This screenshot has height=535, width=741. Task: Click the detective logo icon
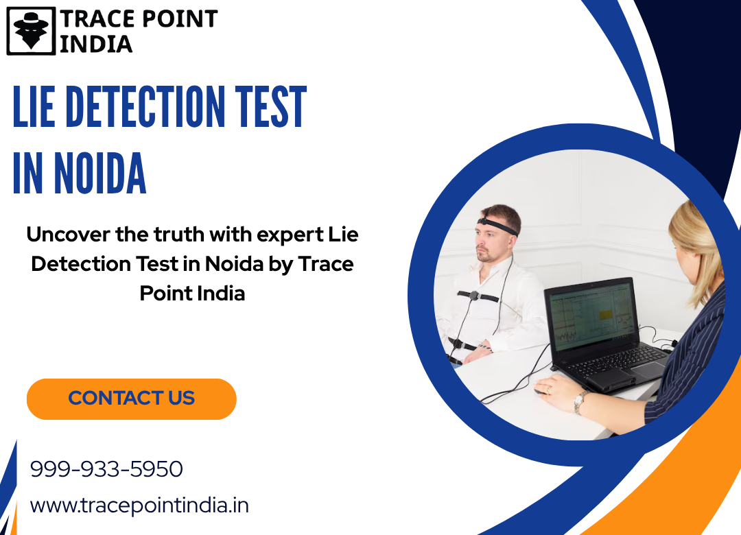(x=31, y=31)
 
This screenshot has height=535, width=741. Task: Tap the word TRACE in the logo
(x=98, y=19)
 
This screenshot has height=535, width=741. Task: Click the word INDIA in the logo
(x=96, y=44)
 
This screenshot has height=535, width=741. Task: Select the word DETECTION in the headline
(x=145, y=107)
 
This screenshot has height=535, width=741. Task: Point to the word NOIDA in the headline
(x=99, y=174)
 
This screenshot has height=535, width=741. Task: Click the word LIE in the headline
(x=34, y=107)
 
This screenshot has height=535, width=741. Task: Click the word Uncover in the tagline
(x=68, y=234)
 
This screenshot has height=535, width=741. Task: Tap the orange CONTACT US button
(x=131, y=399)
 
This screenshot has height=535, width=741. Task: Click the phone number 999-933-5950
(x=106, y=469)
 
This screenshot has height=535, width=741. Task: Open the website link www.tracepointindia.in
(x=139, y=506)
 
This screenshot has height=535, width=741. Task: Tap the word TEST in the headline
(x=271, y=107)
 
